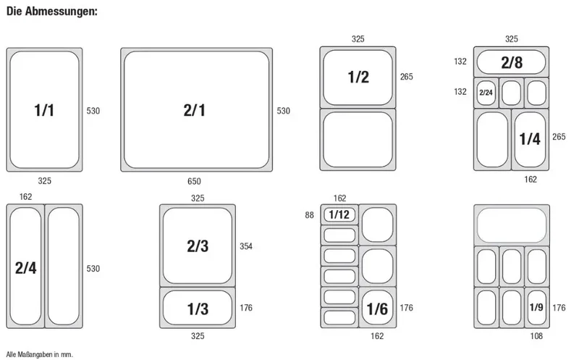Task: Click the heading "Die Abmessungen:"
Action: [x=52, y=12]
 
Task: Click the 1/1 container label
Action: [x=44, y=110]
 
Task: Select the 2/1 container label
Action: [x=194, y=110]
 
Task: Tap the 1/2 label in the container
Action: [x=358, y=77]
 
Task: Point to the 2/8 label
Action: [x=512, y=62]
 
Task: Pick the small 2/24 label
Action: [x=486, y=93]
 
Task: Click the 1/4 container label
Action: [x=530, y=139]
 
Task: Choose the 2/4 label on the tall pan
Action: [x=26, y=267]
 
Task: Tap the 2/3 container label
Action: [x=198, y=246]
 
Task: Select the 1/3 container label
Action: [x=198, y=309]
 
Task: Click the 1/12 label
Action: [x=339, y=214]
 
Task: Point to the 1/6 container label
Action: [x=377, y=309]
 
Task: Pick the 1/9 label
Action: [x=536, y=307]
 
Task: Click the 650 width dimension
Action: [x=194, y=181]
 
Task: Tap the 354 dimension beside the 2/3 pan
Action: [x=246, y=246]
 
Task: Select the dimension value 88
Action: [x=310, y=214]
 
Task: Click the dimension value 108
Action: [x=536, y=335]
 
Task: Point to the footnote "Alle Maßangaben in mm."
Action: [x=40, y=354]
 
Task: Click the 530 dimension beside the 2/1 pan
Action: [x=284, y=111]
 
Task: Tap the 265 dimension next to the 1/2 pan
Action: [x=407, y=77]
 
